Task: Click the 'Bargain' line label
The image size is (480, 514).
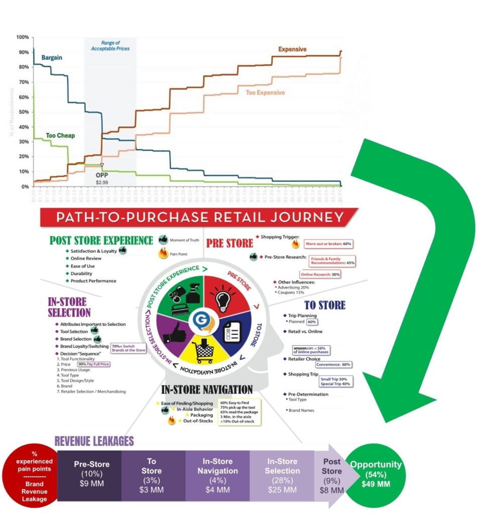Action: (x=52, y=58)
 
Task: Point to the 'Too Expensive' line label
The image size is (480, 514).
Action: (x=265, y=93)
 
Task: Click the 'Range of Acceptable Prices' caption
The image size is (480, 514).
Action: (x=109, y=46)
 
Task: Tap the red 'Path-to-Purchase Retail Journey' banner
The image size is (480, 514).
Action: (x=199, y=218)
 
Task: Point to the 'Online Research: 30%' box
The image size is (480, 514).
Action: (x=320, y=275)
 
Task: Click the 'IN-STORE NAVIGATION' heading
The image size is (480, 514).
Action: (x=207, y=390)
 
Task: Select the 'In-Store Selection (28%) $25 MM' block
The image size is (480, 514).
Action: (x=282, y=475)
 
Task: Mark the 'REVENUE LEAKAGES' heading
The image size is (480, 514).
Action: (x=94, y=441)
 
